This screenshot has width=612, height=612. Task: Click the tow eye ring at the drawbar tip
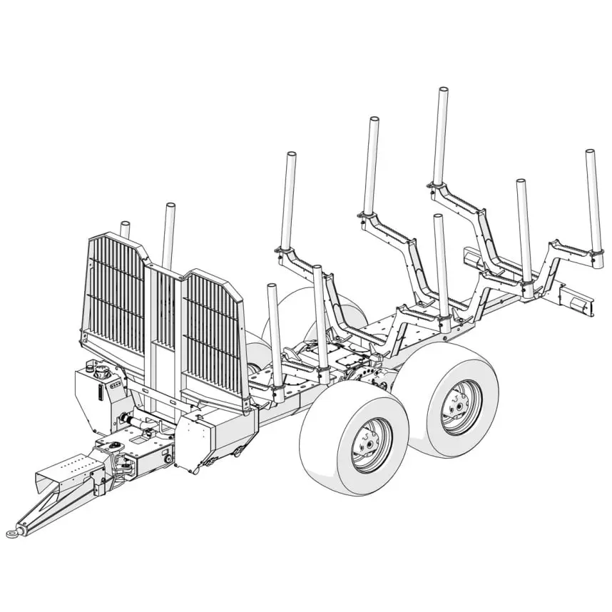pos(12,533)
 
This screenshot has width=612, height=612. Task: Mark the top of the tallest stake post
pos(443,92)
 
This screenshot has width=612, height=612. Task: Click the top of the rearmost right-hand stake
pos(590,153)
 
